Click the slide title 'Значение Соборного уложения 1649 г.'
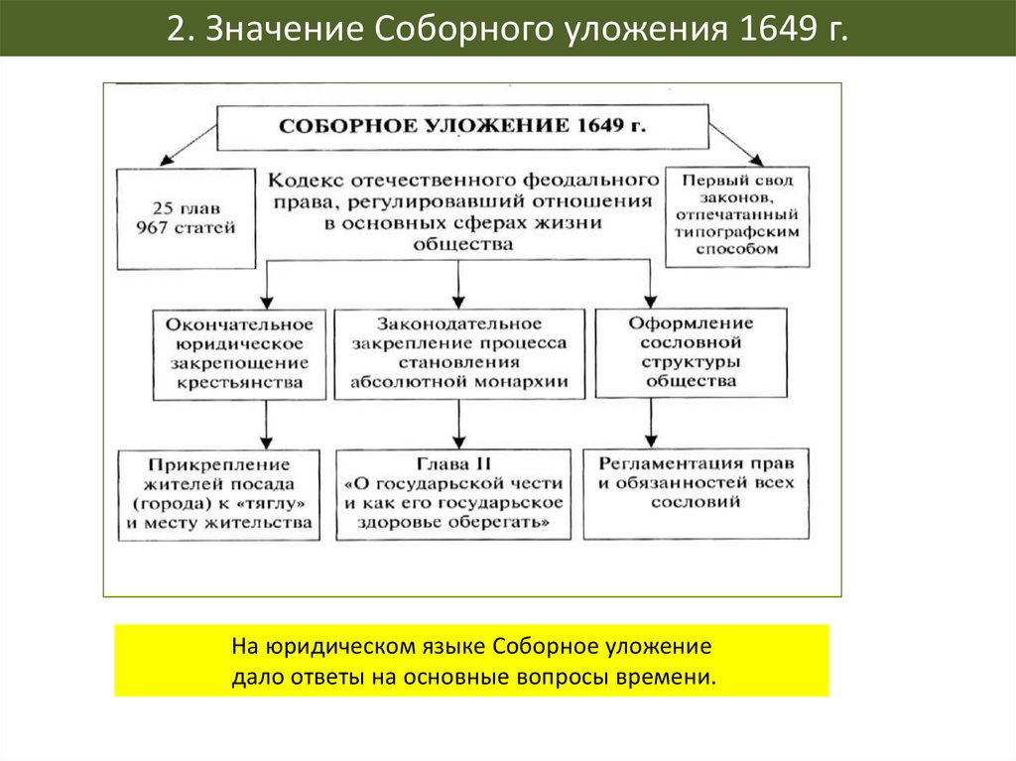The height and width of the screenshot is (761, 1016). pos(507,29)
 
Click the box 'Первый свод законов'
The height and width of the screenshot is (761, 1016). pos(736,215)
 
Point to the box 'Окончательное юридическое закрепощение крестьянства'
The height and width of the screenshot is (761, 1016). pos(239,353)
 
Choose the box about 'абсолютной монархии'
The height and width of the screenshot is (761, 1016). pos(458,353)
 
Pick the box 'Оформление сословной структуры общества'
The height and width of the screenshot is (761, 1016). pos(691,351)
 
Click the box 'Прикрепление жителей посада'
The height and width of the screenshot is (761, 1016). pos(219,494)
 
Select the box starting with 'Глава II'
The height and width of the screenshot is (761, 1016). pos(454,494)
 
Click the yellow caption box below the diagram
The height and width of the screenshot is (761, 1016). pos(471,661)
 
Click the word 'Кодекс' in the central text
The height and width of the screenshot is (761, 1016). pos(304,181)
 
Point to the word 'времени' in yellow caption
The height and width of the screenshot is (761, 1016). pos(675,678)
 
